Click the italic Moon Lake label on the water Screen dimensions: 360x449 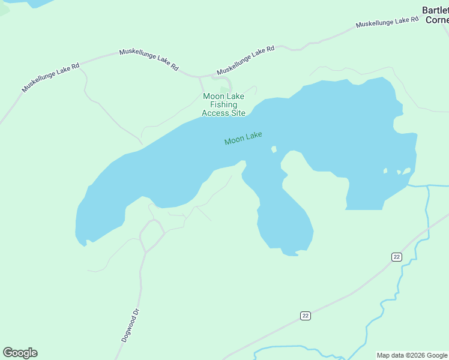(243, 139)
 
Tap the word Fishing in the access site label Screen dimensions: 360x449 (223, 105)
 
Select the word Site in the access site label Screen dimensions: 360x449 (238, 113)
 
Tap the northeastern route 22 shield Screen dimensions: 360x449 (396, 257)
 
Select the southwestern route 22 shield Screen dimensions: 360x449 (305, 316)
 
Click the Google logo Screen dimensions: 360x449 (20, 353)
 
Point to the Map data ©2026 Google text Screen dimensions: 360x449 (412, 355)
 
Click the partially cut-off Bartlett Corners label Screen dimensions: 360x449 (435, 15)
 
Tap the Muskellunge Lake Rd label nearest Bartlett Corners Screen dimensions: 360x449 (387, 22)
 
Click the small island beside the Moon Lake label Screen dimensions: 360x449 (274, 149)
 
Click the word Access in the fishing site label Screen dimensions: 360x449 (215, 113)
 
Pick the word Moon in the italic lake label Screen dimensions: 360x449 (233, 141)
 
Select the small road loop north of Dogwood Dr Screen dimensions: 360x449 (152, 231)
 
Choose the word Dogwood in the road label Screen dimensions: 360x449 (128, 330)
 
